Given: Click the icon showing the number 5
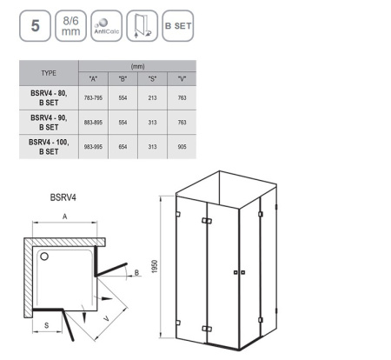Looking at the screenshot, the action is (x=35, y=26).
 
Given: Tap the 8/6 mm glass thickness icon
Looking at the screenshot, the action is (x=70, y=26).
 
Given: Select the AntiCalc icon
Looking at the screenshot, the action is (x=106, y=26).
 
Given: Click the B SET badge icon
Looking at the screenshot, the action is (x=178, y=26).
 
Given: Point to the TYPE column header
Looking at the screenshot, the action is (x=49, y=73).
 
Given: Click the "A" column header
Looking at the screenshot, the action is (x=93, y=79).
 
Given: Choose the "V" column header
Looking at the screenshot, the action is (x=182, y=79).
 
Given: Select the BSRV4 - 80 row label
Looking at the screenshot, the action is (x=49, y=98).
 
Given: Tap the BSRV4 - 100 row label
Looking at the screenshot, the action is (x=49, y=147).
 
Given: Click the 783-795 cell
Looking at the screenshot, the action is (x=93, y=98).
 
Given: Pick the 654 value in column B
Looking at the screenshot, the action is (x=123, y=147).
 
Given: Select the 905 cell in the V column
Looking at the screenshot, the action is (x=182, y=147).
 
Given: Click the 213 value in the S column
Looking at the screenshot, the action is (x=152, y=98).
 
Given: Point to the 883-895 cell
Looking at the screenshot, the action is (x=93, y=123).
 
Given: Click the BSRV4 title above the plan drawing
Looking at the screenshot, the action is (x=63, y=197).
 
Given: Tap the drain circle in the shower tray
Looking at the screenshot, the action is (x=44, y=257).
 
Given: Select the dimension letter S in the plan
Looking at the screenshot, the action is (x=47, y=325).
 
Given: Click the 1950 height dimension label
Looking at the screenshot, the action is (x=155, y=266).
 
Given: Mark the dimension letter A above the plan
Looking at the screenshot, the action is (x=65, y=217).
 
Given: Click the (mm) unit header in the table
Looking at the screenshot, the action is (x=137, y=66).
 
